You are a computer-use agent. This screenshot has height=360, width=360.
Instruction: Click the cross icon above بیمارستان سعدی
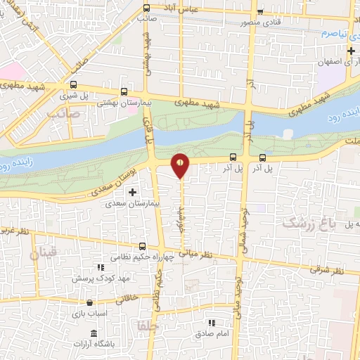(132, 191)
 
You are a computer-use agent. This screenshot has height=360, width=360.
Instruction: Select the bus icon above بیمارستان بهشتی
(124, 91)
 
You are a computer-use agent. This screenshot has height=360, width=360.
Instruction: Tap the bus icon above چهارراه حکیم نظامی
(143, 246)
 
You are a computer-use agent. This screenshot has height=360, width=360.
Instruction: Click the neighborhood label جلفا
(150, 327)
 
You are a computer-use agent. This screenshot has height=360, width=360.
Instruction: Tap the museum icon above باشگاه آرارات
(94, 333)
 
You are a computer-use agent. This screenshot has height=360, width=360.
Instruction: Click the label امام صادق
(212, 335)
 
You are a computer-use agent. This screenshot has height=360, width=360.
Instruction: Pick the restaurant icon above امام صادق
(212, 323)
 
